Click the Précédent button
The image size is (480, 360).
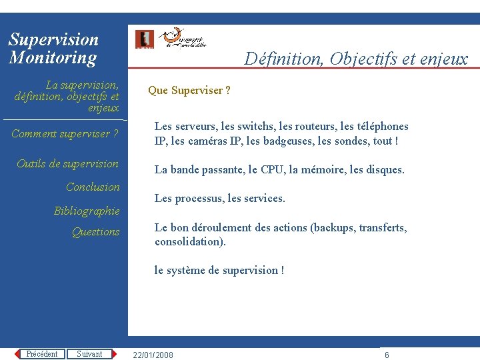[41, 354]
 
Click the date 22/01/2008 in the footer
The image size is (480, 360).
[153, 355]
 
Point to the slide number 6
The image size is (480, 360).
[387, 355]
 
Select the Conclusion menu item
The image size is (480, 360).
[93, 187]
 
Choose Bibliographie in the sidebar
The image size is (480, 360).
[87, 211]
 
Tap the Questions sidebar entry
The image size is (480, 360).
[95, 232]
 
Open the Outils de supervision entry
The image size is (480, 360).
[67, 163]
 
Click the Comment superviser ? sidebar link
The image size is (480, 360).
[65, 133]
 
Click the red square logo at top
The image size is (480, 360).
[144, 39]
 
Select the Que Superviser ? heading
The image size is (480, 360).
[189, 91]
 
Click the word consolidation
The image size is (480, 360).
[189, 241]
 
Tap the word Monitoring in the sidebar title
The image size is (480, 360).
[53, 58]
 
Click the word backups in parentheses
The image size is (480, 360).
[335, 227]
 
